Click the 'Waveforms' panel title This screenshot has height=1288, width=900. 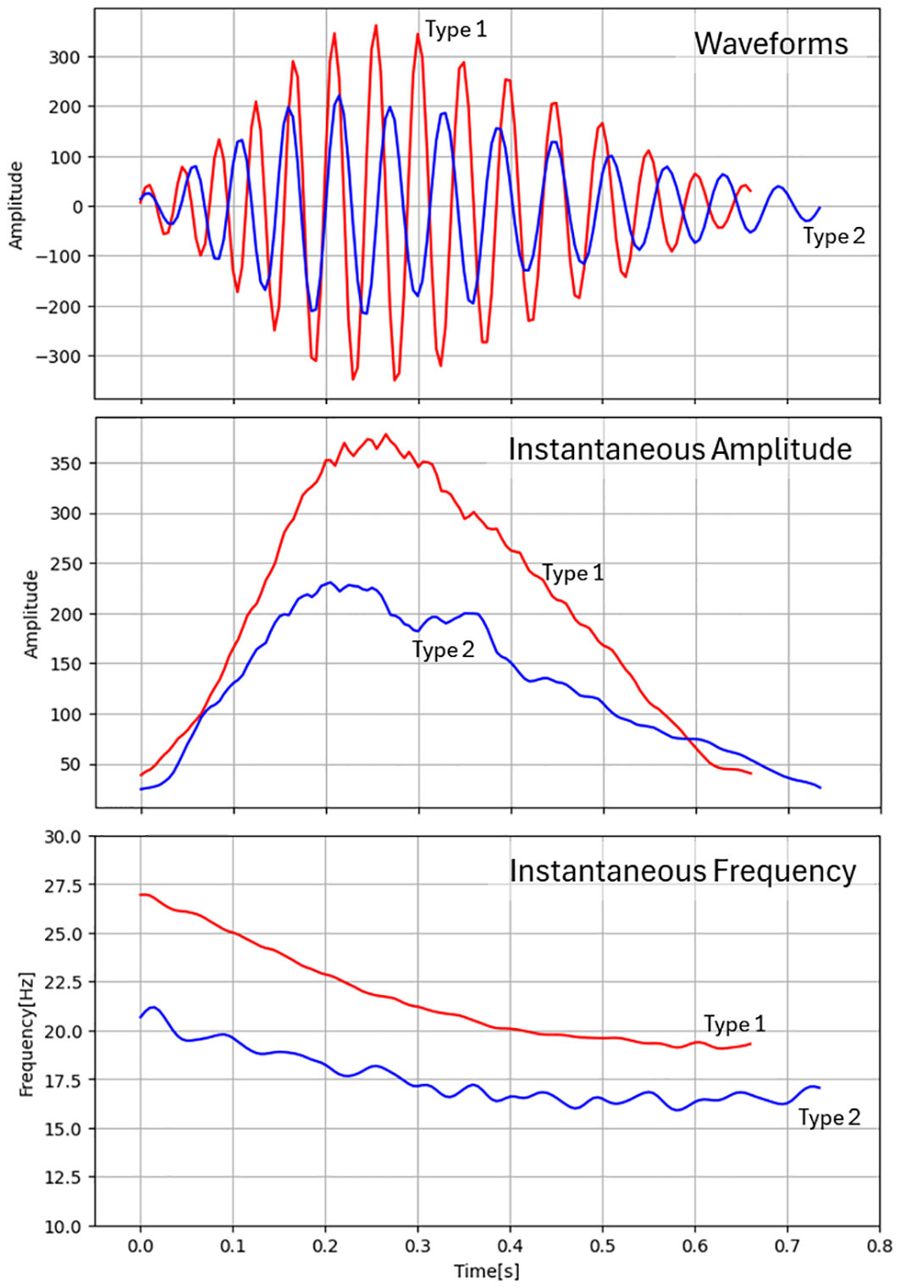770,43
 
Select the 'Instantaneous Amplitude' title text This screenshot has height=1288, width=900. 680,449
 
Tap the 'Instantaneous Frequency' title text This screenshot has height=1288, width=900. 682,871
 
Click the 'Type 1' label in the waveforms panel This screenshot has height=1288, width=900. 456,30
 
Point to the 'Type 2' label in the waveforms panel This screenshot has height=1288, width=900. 834,236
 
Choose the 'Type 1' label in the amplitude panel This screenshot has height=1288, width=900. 573,573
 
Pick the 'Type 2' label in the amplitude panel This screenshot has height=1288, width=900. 443,650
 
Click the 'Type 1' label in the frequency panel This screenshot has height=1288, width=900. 734,1024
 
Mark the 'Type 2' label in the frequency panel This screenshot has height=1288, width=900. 829,1118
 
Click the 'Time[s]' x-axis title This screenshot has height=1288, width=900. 487,1271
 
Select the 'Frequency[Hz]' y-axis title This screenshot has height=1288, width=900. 26,1034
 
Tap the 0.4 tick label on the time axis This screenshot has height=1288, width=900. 510,1247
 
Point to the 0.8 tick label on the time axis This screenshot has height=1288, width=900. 880,1247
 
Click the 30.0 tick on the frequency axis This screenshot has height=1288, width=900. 64,837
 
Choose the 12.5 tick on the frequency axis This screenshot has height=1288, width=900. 64,1178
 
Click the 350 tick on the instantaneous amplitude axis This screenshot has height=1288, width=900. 65,464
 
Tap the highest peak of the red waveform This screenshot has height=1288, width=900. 375,25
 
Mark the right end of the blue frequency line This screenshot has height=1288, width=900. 820,1088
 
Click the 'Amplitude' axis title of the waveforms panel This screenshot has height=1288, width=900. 15,206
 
